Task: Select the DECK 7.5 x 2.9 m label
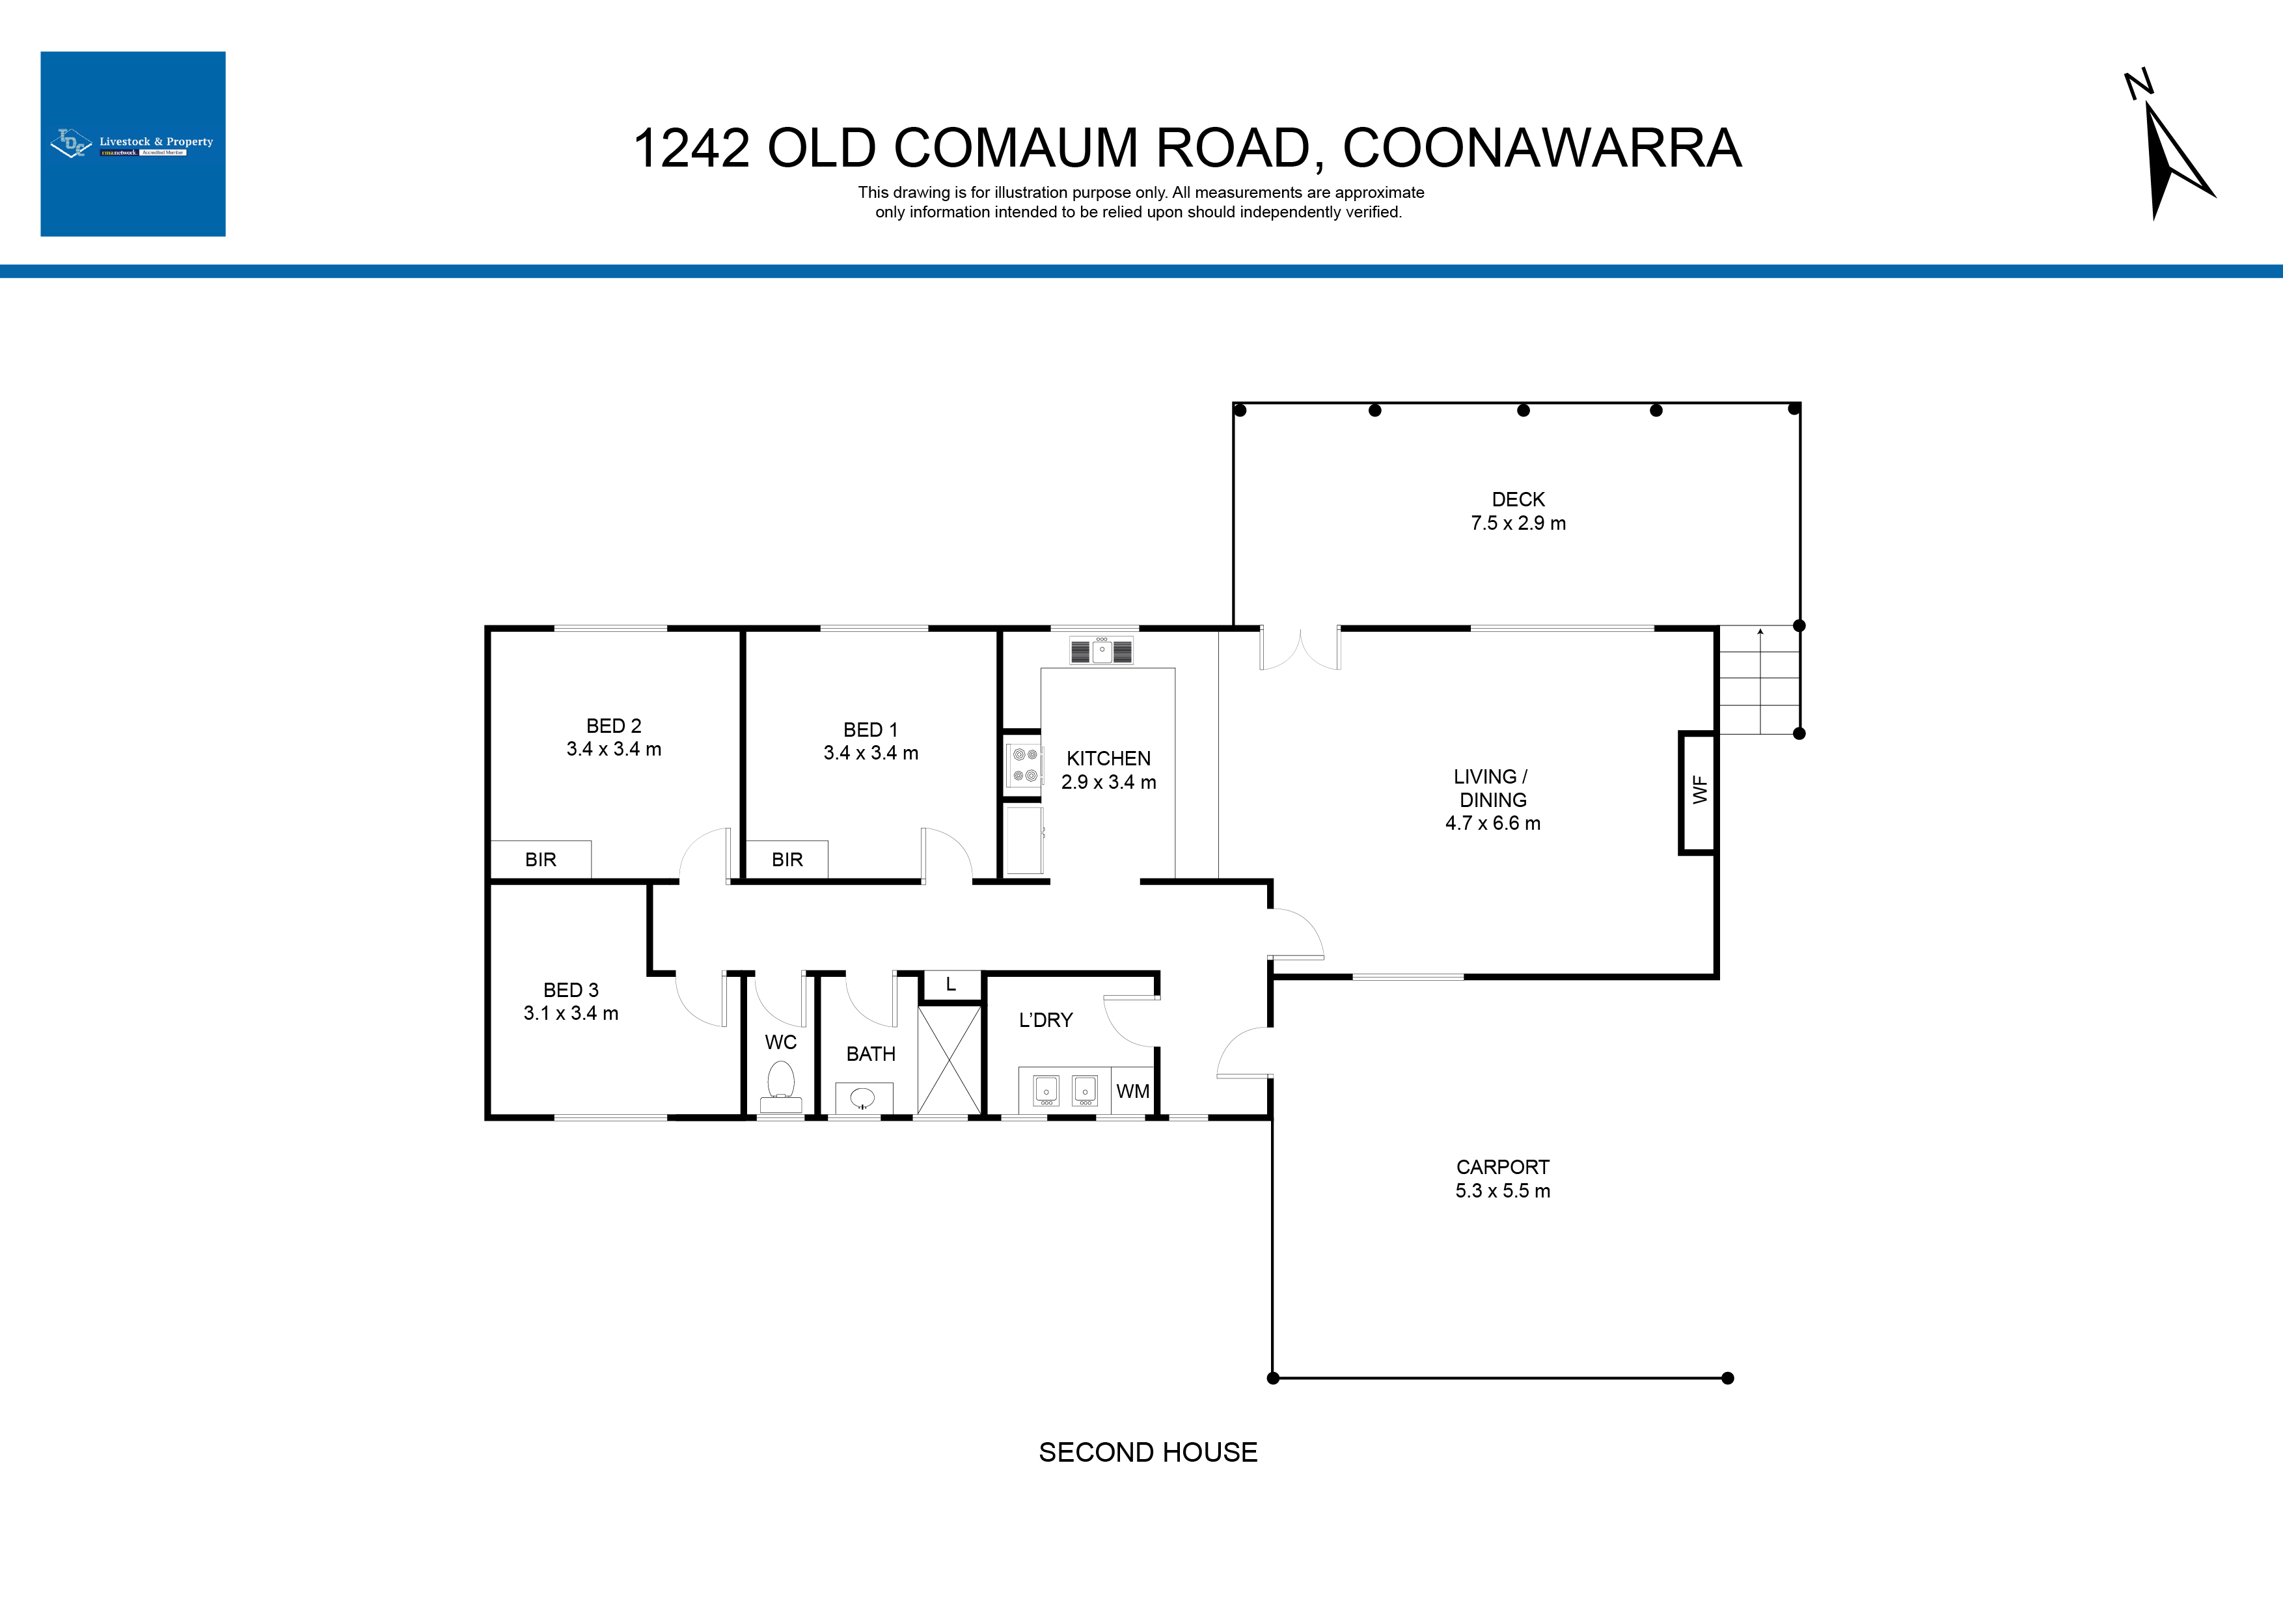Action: [x=1518, y=511]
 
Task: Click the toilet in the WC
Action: [x=780, y=1087]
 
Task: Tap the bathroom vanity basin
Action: [x=863, y=1098]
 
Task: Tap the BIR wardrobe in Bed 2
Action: [x=541, y=859]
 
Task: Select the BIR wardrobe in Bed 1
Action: [x=787, y=859]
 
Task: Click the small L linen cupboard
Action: [x=951, y=985]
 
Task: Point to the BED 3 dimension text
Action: [x=571, y=1013]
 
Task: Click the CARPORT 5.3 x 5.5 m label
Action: [x=1503, y=1179]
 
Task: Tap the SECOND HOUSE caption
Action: [x=1147, y=1452]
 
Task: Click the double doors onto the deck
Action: [x=1300, y=648]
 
